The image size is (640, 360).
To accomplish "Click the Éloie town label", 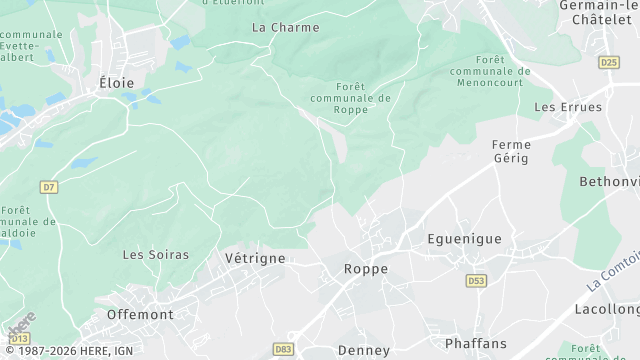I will [x=117, y=81].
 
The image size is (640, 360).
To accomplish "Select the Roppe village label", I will [x=365, y=269].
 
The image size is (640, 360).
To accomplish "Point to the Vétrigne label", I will [x=254, y=258].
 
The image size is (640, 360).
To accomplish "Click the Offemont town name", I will [x=140, y=314].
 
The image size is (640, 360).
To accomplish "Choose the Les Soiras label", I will [x=155, y=255].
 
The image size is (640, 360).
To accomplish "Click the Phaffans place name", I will [x=475, y=343].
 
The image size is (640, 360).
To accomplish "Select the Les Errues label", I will [x=568, y=106].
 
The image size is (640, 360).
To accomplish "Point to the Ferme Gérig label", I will [x=511, y=151].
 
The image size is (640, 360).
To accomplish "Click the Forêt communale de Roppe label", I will [x=350, y=98].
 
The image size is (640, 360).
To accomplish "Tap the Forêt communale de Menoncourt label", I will [x=490, y=72].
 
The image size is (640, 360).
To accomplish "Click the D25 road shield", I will [x=609, y=62].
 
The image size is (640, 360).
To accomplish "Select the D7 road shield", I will [x=49, y=186].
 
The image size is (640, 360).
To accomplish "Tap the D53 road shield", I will [x=476, y=282].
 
